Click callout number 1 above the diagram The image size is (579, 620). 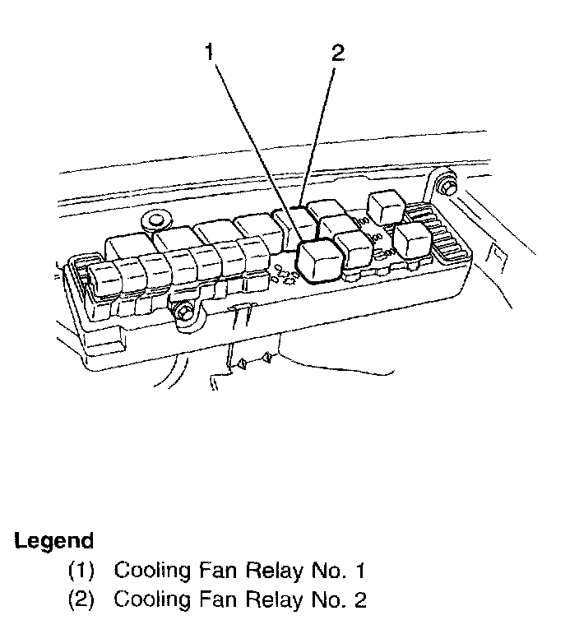tap(210, 54)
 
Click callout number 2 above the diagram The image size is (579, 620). tap(337, 54)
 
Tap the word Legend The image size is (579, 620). tap(54, 541)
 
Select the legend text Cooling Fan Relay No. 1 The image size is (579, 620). tap(239, 570)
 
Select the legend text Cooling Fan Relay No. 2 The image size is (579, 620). tap(239, 599)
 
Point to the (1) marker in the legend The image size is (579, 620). tap(80, 570)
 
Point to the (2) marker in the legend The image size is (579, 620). tap(80, 599)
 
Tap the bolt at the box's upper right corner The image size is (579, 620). tap(447, 187)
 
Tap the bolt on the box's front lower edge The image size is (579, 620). tap(183, 312)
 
